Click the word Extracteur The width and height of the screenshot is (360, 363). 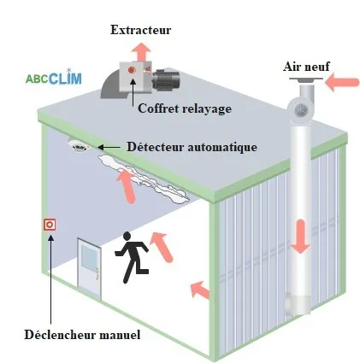coord(140,30)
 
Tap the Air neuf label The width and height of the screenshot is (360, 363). coord(306,67)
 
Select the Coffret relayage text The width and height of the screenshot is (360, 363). coord(185,108)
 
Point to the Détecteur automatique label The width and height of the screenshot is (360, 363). coord(192,147)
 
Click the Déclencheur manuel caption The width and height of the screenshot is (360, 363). coord(82,335)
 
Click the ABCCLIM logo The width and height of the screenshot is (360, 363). coord(54,78)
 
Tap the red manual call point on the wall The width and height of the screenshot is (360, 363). coord(50,225)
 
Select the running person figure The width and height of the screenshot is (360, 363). coord(132,257)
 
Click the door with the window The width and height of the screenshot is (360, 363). coord(90,268)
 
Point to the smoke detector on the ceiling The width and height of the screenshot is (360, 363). coord(79,145)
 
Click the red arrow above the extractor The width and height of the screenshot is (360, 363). coord(141,51)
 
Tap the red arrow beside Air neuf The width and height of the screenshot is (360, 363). coord(342,82)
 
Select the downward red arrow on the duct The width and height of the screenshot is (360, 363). coord(300,237)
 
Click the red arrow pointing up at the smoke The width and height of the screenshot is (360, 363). coord(126,185)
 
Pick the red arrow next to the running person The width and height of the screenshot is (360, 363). coord(162,247)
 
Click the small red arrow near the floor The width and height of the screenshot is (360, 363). coord(200,290)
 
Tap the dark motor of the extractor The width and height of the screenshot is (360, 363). coord(166,78)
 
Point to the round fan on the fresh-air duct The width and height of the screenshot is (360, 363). coord(300,109)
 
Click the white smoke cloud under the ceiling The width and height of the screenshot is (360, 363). coord(144,179)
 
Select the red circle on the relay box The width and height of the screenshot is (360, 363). coord(132,70)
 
